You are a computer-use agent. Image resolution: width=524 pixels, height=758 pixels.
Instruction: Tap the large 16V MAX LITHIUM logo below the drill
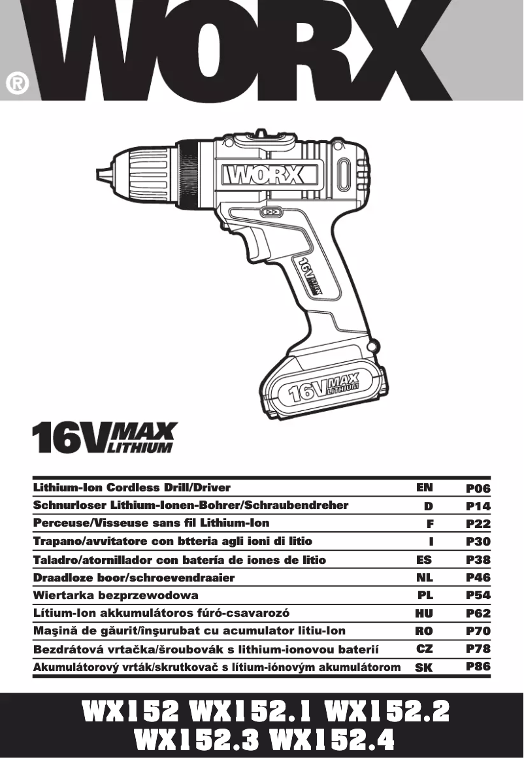(105, 438)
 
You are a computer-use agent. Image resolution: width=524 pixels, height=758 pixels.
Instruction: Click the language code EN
(425, 487)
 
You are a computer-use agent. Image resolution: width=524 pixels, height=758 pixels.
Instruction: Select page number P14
(478, 506)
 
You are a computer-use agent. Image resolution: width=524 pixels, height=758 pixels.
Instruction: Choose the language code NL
(425, 578)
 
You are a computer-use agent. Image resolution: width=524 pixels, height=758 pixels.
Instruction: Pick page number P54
(478, 596)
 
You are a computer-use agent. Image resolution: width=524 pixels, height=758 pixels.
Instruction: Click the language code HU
(425, 614)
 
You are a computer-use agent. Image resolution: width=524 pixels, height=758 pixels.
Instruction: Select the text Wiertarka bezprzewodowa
(116, 596)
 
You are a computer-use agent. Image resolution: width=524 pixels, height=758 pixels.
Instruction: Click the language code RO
(425, 631)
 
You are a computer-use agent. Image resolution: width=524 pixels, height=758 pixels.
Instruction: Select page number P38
(478, 560)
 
